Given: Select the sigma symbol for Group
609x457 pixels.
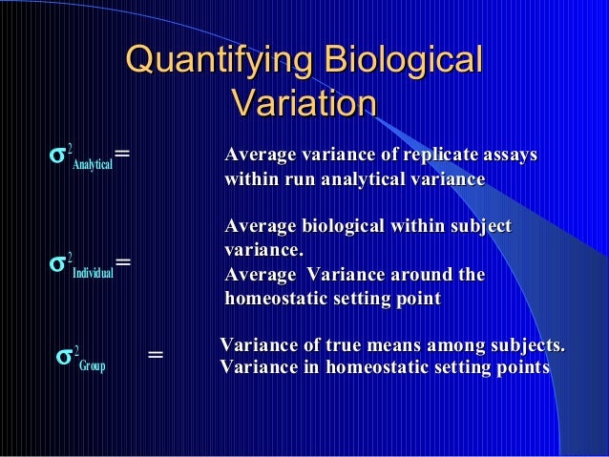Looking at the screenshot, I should tap(65, 356).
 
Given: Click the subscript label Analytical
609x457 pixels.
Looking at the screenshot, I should tap(94, 165).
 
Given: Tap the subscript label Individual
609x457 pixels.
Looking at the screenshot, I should tap(93, 272).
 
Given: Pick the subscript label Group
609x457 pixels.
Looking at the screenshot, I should tap(93, 365).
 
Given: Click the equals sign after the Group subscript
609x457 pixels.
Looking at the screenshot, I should tap(156, 356).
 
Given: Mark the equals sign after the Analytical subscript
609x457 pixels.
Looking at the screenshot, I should tap(122, 154).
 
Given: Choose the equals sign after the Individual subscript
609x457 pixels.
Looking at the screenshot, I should tap(123, 260).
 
